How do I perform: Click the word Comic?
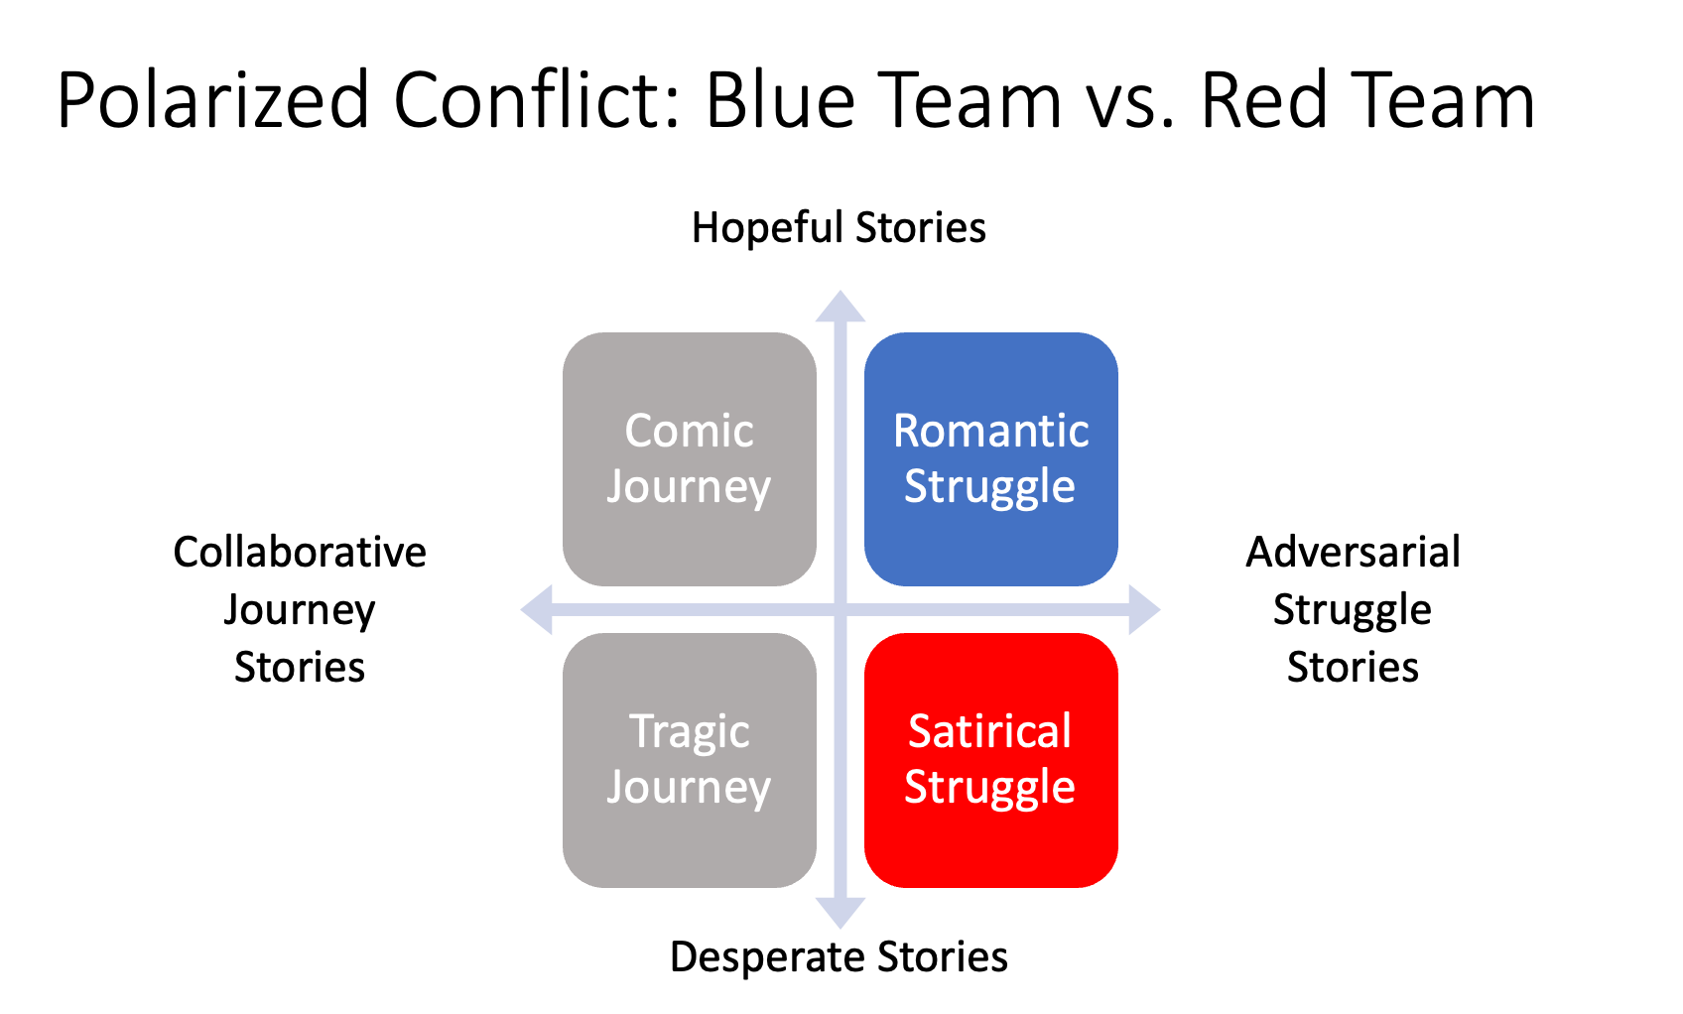[x=689, y=431]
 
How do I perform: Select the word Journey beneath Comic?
[x=689, y=487]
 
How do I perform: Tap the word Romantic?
[x=990, y=431]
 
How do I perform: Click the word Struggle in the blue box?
[x=989, y=487]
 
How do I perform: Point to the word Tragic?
[x=689, y=732]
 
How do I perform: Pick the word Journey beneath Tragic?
[x=689, y=788]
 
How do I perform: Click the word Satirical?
[x=989, y=731]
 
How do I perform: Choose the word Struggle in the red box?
[x=989, y=788]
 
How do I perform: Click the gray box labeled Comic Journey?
[x=689, y=546]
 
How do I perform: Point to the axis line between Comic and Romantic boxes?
[x=841, y=456]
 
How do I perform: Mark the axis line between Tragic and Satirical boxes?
[x=841, y=760]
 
